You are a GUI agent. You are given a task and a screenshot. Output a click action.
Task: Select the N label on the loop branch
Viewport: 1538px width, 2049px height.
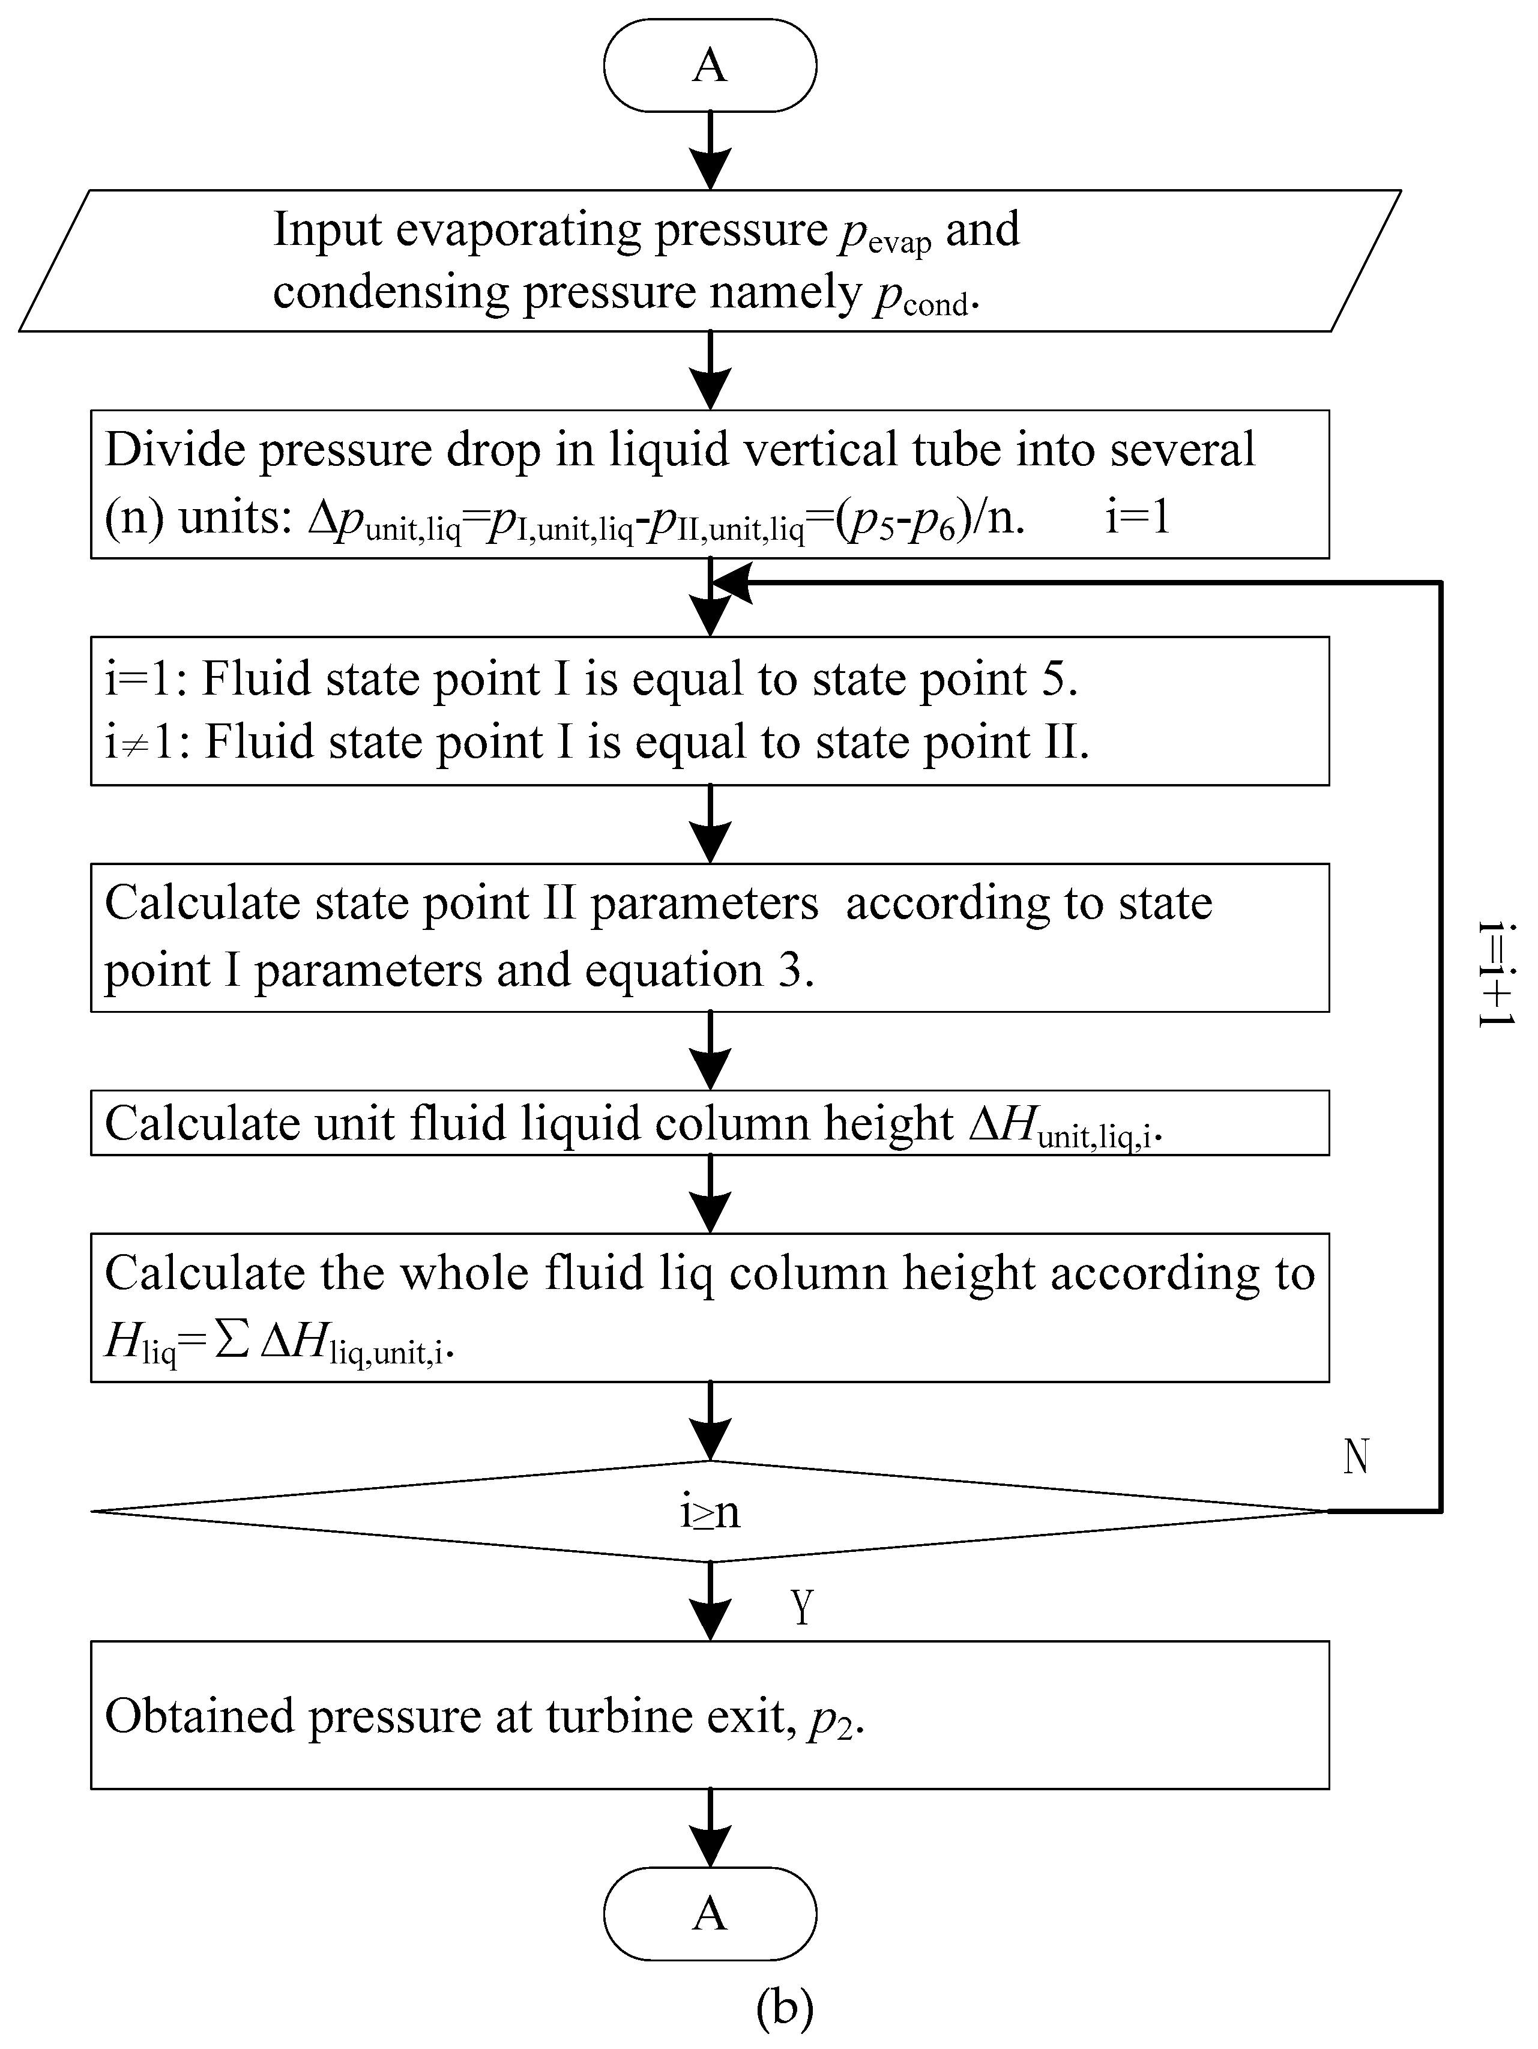tap(1356, 1457)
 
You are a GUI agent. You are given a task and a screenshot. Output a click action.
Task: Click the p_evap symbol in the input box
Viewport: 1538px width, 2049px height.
tap(885, 234)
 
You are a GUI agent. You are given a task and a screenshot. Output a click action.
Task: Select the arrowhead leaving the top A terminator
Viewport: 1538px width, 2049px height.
tap(710, 167)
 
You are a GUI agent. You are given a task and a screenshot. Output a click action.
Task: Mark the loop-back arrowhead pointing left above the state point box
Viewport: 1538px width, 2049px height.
tap(732, 584)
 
